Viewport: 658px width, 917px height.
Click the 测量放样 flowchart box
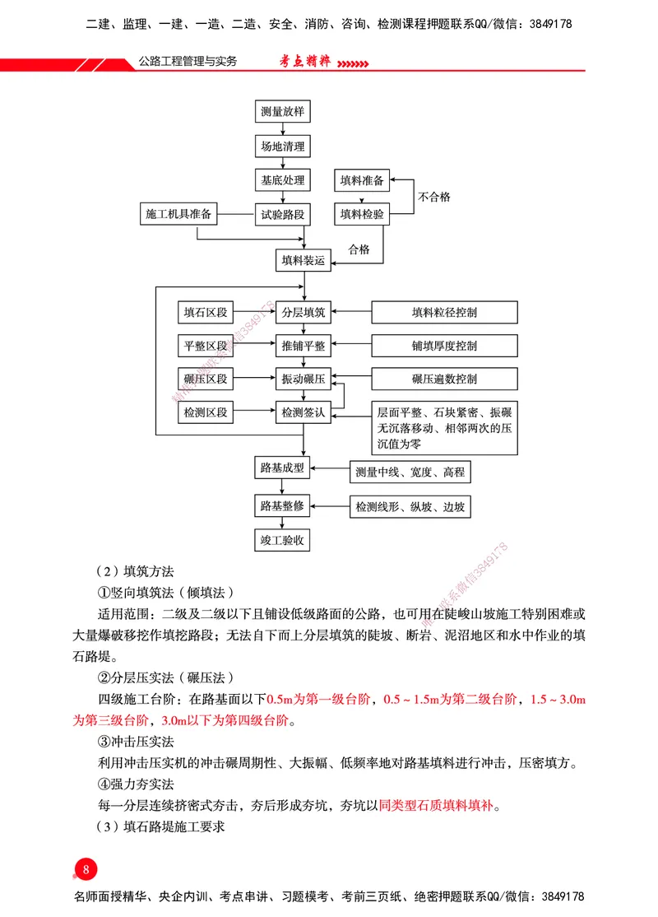click(282, 112)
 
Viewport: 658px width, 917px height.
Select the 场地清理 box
click(282, 147)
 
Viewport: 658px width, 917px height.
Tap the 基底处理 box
click(282, 180)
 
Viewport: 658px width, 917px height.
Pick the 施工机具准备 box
click(178, 215)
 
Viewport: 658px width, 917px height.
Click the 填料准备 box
click(362, 180)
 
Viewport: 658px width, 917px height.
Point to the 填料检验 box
click(362, 215)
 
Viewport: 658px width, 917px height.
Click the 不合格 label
click(434, 198)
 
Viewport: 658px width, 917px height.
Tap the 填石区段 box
click(206, 313)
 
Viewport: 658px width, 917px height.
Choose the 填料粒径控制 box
click(444, 313)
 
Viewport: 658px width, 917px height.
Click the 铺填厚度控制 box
click(444, 346)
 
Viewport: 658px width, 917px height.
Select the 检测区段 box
click(206, 412)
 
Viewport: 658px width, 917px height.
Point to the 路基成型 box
click(282, 468)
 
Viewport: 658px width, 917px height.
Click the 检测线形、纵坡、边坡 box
click(410, 506)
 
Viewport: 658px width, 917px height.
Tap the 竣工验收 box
click(282, 540)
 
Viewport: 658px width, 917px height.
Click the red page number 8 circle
click(86, 870)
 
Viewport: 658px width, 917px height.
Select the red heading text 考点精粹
click(302, 62)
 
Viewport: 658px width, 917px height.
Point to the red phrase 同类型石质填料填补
click(438, 804)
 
